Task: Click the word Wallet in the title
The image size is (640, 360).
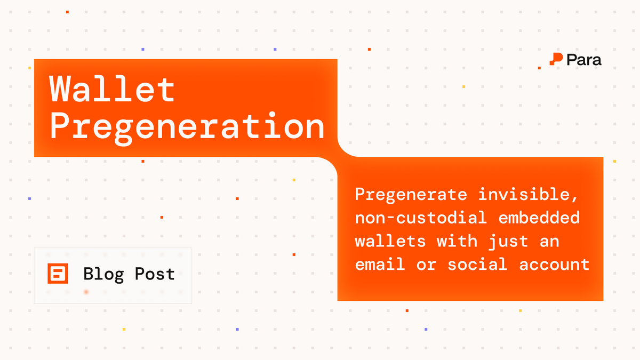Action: coord(113,90)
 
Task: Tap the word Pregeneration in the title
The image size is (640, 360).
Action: coord(187,127)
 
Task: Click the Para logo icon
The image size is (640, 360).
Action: coord(556,60)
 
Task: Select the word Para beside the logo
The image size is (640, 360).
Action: coord(584,60)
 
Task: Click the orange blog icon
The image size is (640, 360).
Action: coord(58,274)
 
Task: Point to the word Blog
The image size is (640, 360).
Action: coord(103,275)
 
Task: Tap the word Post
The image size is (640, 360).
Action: coord(155,275)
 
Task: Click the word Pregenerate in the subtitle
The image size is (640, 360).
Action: coord(411,195)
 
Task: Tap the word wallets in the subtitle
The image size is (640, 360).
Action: coord(390,241)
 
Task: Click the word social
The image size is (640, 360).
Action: coord(477,264)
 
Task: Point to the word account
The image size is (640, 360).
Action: coord(555,264)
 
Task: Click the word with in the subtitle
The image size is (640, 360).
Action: coord(457,241)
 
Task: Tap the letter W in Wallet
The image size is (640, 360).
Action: coord(61,90)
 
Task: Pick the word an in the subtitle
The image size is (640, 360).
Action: coord(552,242)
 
